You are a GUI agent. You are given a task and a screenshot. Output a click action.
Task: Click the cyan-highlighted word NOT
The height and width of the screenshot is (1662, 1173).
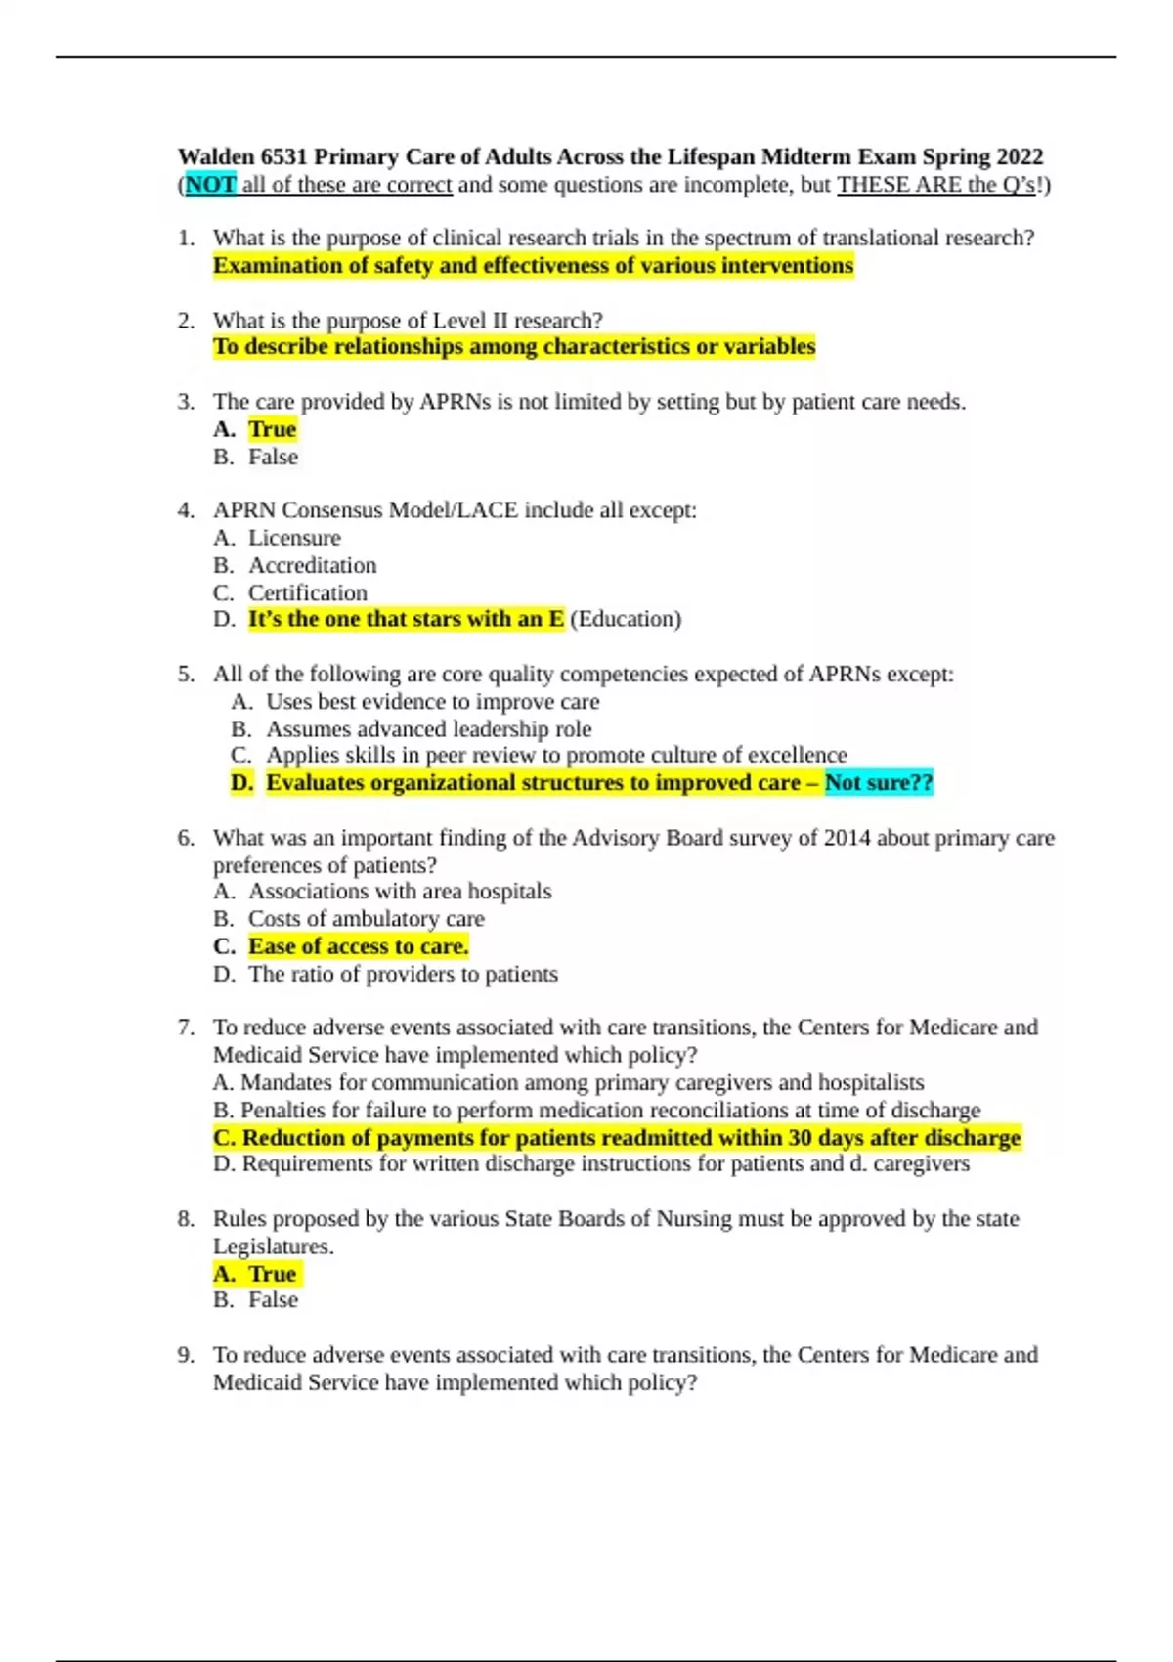(210, 185)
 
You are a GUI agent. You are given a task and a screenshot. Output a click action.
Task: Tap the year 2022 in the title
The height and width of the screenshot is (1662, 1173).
(1020, 157)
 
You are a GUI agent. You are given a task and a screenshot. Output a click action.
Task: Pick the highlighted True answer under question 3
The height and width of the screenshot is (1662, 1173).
(272, 429)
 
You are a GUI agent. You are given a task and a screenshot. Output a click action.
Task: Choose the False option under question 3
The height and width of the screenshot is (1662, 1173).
(273, 457)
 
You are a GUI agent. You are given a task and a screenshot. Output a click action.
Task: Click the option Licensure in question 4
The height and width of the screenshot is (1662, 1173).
(294, 538)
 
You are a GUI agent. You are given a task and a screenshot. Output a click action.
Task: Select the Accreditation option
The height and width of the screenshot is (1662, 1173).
(312, 565)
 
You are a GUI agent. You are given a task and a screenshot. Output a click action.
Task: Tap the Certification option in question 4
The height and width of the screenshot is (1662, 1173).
(307, 592)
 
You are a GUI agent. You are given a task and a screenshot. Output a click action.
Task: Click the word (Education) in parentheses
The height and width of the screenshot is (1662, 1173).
(625, 619)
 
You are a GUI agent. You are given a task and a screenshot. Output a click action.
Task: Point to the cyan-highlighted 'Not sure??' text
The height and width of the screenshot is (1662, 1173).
(879, 783)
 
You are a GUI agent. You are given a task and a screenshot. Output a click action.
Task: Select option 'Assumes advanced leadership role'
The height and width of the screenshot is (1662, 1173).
(428, 729)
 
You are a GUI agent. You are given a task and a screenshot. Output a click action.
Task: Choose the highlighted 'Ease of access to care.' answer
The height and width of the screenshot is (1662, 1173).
(358, 946)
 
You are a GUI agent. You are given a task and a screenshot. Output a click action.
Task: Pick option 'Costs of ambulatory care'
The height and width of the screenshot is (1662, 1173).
(366, 919)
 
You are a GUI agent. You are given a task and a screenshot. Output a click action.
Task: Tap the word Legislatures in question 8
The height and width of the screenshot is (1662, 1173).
(272, 1246)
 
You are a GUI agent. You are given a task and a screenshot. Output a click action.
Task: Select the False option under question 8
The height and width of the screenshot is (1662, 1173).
(273, 1300)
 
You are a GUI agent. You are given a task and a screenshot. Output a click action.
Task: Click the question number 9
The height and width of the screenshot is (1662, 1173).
(186, 1355)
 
